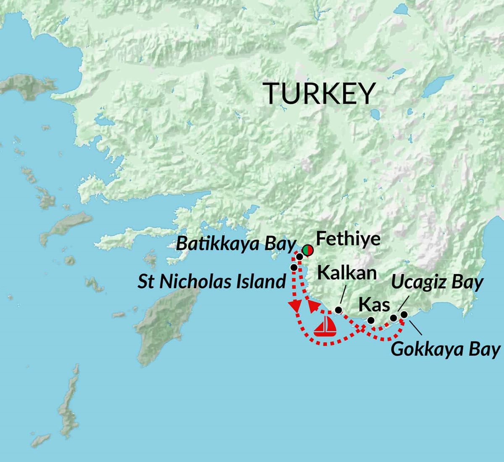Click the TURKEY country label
[319, 93]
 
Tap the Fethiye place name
[348, 239]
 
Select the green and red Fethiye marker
[307, 250]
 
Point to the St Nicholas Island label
[212, 281]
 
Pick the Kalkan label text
[347, 273]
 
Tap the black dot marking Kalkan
[338, 310]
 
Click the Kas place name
[374, 305]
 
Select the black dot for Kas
[371, 320]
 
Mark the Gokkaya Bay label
[446, 349]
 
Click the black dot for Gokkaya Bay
[404, 314]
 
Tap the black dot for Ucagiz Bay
[394, 318]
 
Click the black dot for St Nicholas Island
[294, 267]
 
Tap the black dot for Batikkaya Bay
[299, 256]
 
